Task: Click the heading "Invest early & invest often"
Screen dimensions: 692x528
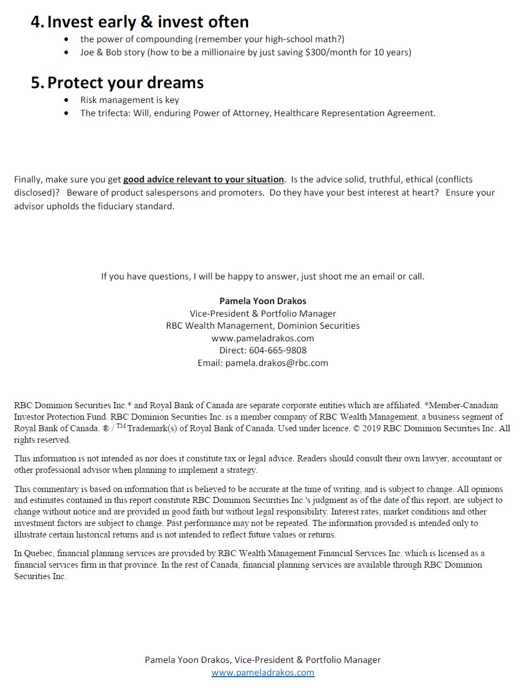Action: point(148,22)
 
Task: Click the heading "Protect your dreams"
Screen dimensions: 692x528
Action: point(125,83)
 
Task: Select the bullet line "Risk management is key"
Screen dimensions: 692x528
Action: point(129,100)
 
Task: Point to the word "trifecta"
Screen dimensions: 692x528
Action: point(113,113)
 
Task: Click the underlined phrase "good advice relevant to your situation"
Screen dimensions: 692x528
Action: point(203,180)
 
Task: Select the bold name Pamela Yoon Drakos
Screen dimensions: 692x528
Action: point(263,301)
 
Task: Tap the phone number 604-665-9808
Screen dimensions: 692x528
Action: point(278,350)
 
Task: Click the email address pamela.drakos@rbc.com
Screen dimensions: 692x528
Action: point(277,363)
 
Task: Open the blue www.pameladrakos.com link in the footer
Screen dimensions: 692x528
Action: point(263,672)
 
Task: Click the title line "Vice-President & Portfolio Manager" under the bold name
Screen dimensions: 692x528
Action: point(263,313)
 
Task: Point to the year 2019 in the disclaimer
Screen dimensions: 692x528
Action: point(371,428)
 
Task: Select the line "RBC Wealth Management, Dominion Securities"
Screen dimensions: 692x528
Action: point(263,325)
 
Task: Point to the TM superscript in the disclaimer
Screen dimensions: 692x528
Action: point(121,426)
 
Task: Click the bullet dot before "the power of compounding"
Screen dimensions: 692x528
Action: point(67,39)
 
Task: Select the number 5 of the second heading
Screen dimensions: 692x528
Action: point(36,83)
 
